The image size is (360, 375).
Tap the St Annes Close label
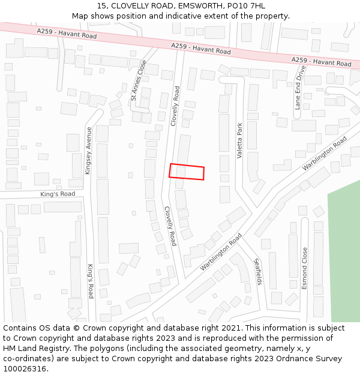[x=139, y=80]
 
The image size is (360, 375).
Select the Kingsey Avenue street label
[x=89, y=151]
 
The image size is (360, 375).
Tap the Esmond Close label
[x=305, y=268]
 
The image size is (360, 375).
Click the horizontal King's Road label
[x=58, y=194]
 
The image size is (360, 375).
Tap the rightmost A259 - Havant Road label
[x=322, y=61]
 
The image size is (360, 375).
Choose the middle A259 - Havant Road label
[x=200, y=49]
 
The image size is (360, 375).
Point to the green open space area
[x=344, y=252]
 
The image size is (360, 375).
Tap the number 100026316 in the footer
[x=25, y=369]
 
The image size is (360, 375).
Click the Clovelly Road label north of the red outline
[x=175, y=106]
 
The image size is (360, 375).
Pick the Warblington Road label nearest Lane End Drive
[x=325, y=154]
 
